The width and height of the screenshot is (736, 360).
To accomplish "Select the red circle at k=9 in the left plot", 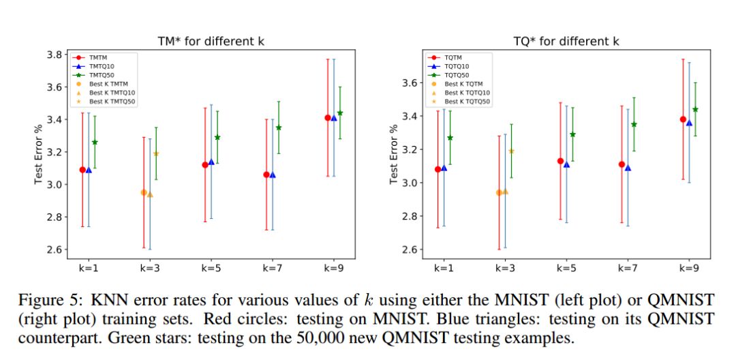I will [328, 118].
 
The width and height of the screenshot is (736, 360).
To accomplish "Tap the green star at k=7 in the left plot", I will [279, 127].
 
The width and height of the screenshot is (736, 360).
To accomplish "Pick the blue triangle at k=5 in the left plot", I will [211, 162].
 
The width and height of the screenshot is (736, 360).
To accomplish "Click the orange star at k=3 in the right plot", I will [512, 151].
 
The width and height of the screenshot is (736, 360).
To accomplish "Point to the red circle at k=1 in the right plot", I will [438, 169].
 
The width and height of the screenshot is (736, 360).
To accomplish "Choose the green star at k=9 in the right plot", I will [696, 109].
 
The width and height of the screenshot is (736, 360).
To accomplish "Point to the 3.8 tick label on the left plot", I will [55, 55].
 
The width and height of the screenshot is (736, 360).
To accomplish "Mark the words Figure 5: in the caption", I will [40, 299].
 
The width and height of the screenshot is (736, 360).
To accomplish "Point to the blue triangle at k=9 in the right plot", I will [689, 123].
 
